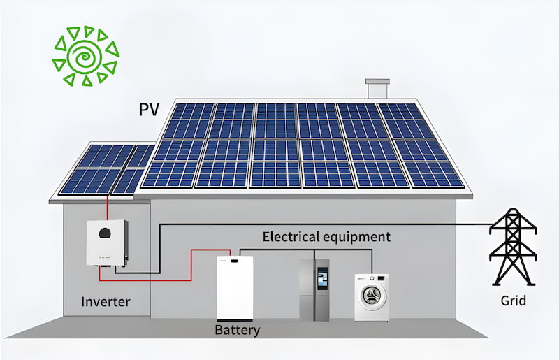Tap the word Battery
pos(238,330)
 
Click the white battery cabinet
pos(234,288)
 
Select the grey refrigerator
pos(314,289)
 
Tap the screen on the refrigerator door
pos(322,278)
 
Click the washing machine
pos(372,296)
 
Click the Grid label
pos(514,302)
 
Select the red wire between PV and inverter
pos(107,208)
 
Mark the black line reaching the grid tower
pos(419,224)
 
